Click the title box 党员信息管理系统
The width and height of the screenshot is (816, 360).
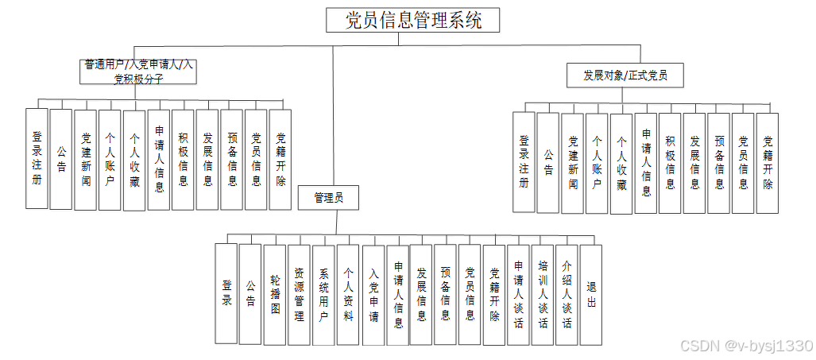click(x=413, y=21)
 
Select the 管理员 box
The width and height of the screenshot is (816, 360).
click(x=328, y=198)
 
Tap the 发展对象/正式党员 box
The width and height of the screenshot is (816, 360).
click(x=625, y=75)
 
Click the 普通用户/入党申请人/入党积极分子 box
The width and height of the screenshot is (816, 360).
click(x=139, y=72)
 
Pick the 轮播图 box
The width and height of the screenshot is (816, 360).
click(x=275, y=294)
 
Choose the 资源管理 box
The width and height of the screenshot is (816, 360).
click(x=299, y=294)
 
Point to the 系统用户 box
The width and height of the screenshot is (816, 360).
click(x=323, y=294)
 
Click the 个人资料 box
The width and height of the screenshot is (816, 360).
click(x=348, y=294)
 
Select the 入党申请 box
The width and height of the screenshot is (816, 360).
click(x=373, y=294)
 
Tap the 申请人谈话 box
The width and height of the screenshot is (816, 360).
click(x=518, y=294)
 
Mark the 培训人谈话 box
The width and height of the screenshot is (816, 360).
click(x=543, y=294)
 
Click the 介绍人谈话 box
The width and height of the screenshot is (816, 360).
click(x=567, y=294)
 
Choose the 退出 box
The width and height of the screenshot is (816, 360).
click(x=591, y=293)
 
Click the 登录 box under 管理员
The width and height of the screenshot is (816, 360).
click(x=226, y=293)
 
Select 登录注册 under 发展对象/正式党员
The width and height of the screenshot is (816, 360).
click(x=524, y=162)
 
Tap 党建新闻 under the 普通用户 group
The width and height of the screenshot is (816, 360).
click(x=85, y=159)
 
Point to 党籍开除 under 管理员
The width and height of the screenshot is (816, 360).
click(x=494, y=294)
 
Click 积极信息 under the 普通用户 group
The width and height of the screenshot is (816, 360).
click(x=183, y=159)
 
